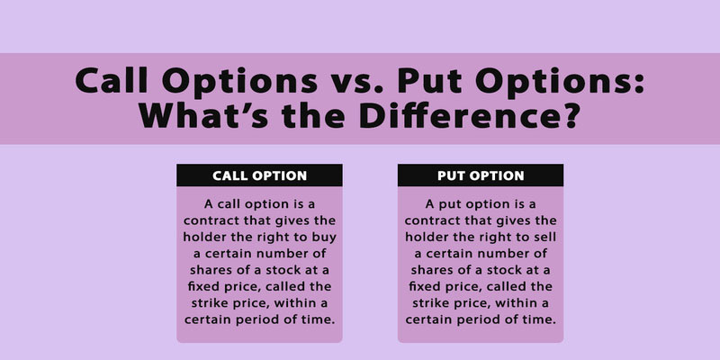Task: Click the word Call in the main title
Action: [112, 81]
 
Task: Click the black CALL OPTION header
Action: [259, 175]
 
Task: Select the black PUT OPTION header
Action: [481, 175]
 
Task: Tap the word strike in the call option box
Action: [210, 303]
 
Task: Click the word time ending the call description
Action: [321, 320]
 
